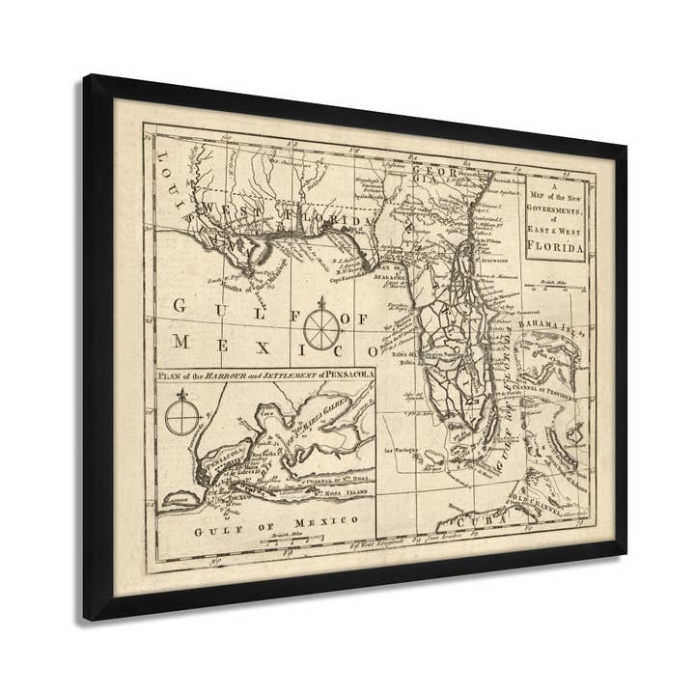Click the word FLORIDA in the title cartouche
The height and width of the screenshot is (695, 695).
556,249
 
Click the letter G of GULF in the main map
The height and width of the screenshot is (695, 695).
181,307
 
